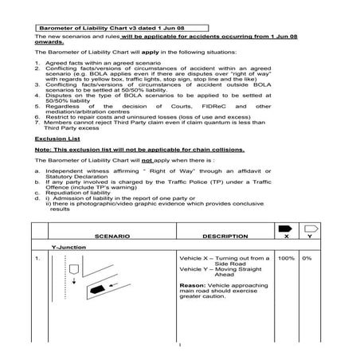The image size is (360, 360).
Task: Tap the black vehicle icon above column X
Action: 285,229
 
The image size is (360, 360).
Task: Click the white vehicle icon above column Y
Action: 311,229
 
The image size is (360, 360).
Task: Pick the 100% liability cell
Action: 286,259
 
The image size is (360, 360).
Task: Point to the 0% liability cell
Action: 307,259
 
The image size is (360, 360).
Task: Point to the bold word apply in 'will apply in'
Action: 138,52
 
